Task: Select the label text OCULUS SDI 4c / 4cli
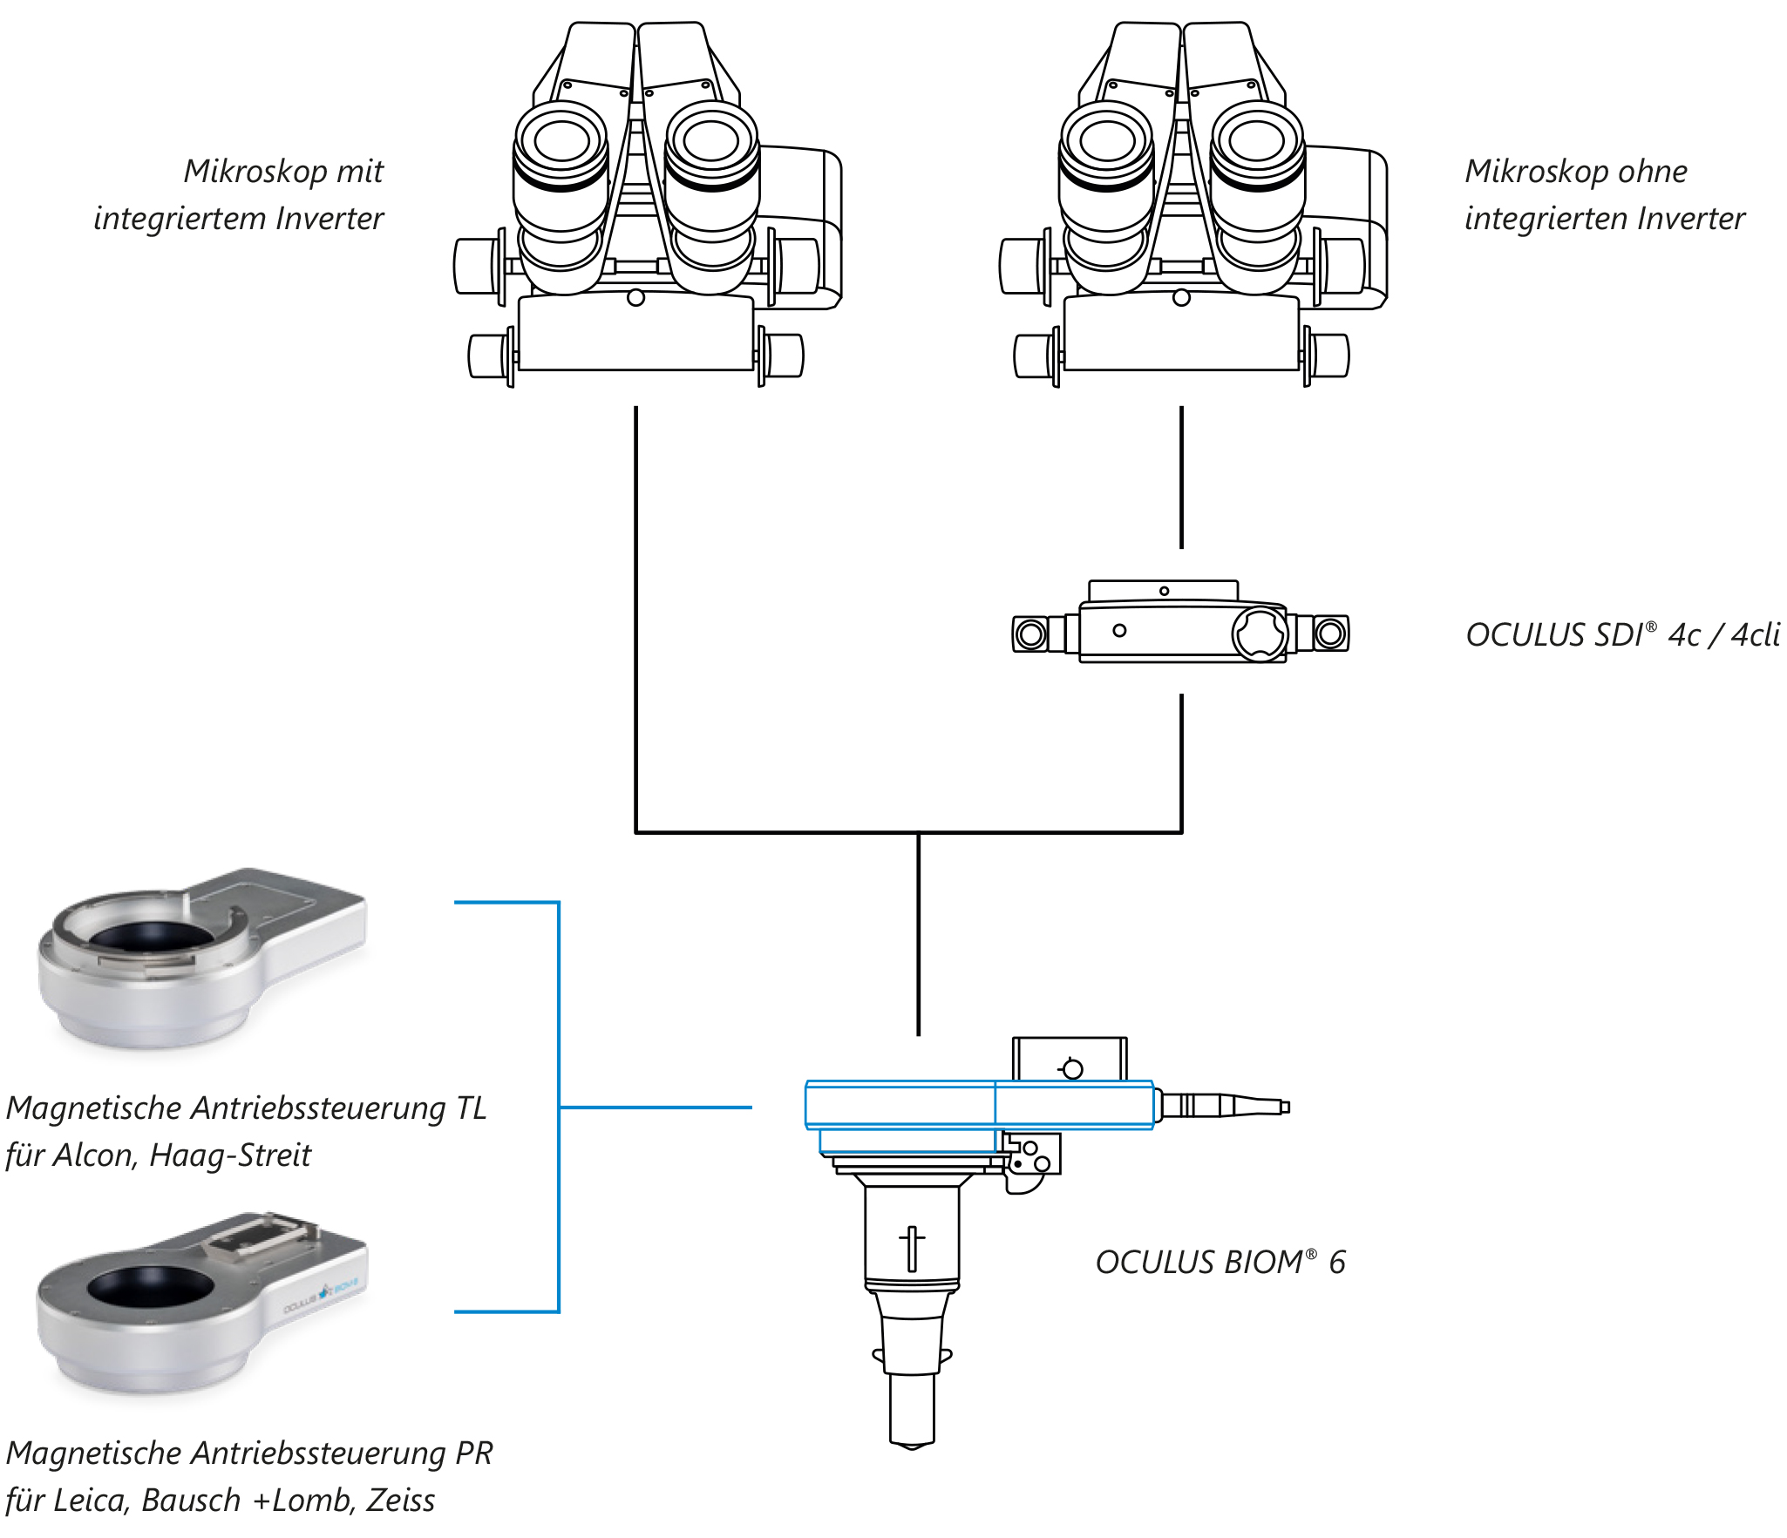1621,635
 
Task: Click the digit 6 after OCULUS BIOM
1336,1263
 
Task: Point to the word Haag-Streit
230,1155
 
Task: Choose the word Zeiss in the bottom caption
400,1501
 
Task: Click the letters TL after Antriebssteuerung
471,1108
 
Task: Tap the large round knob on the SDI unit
1260,633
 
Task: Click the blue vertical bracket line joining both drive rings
558,1107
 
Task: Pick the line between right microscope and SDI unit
1181,478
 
